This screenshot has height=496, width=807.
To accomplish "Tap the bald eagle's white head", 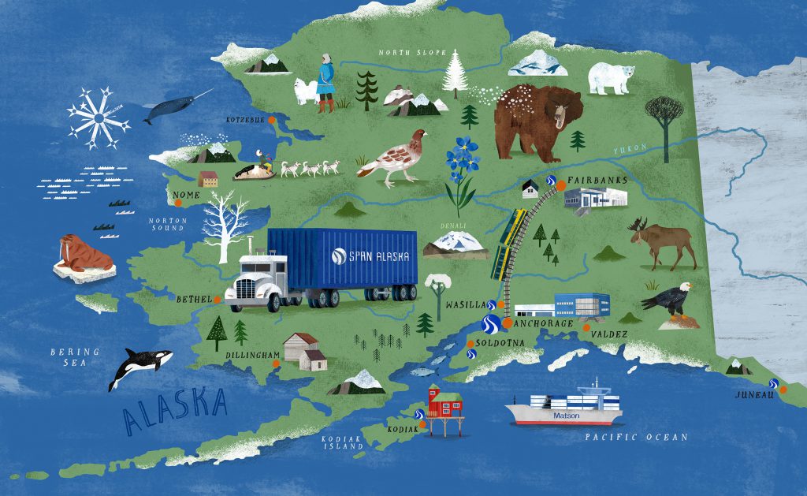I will point(685,289).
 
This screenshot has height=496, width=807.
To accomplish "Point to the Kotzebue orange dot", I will point(272,120).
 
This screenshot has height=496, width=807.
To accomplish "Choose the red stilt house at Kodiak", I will point(444,402).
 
